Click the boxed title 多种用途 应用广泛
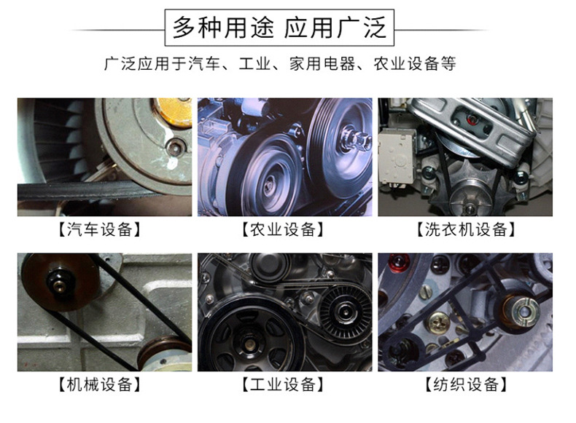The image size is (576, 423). coord(279,28)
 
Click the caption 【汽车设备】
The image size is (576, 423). coord(100,229)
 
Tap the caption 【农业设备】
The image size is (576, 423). coord(282,229)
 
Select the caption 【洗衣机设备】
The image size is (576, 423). coord(466,229)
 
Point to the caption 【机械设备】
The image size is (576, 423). coord(100,385)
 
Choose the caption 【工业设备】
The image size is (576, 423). coord(282,385)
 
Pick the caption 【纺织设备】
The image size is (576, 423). coord(466,385)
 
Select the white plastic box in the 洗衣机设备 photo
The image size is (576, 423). coord(396,156)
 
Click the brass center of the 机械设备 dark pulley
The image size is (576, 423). coord(59,285)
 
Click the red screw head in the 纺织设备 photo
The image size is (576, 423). coord(398,261)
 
